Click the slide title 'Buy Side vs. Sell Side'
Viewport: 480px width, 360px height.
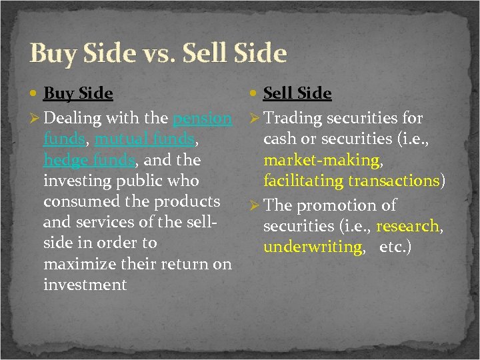coord(158,53)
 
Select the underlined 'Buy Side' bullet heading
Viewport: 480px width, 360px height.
coord(78,93)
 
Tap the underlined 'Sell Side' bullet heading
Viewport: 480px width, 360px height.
coord(297,93)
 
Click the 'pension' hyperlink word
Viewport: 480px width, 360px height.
coord(202,119)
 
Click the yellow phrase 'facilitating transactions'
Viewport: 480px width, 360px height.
coord(351,181)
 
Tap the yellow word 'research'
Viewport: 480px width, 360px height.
coord(407,226)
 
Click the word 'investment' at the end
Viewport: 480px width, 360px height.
coord(85,285)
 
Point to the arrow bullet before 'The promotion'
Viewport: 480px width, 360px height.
coord(255,206)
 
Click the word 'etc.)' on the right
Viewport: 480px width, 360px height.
coord(396,247)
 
